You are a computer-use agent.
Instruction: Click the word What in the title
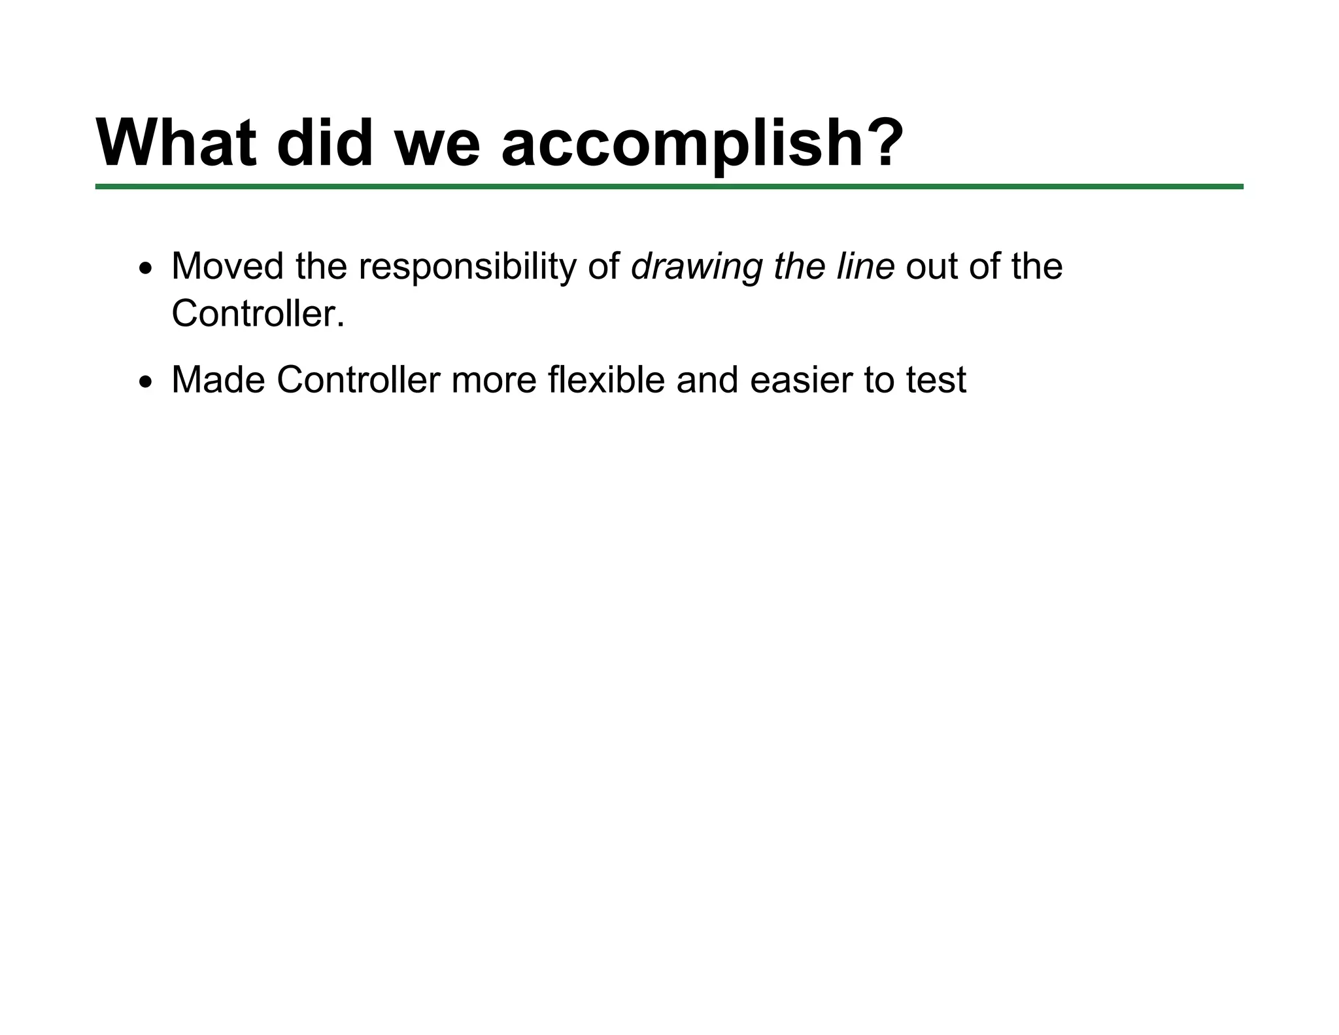pos(177,143)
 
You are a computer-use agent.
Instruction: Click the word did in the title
pos(325,143)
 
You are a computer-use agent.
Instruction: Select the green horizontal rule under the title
pos(669,187)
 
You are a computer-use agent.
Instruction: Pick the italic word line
pos(865,266)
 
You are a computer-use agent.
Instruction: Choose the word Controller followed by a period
pos(258,313)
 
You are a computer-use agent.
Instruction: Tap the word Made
pos(218,379)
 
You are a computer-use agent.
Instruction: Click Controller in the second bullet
pos(358,379)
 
